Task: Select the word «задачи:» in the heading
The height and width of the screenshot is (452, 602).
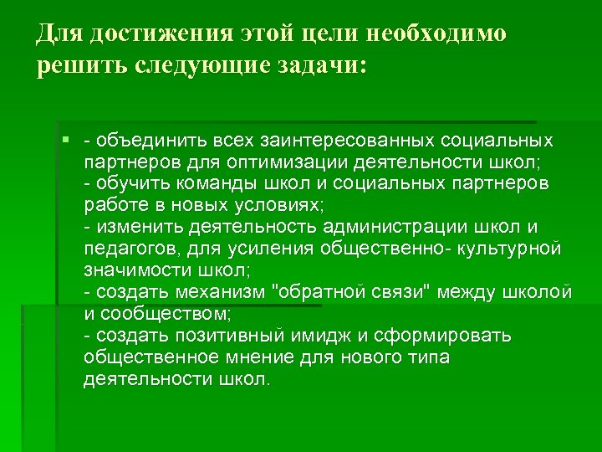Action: (319, 66)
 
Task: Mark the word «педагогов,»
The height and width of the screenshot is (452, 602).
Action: (129, 249)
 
